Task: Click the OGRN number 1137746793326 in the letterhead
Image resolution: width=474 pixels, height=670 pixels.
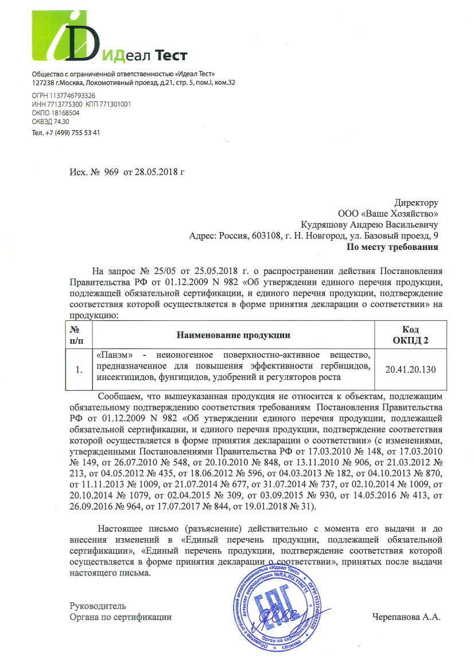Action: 64,96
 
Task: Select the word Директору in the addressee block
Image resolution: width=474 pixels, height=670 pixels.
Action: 416,202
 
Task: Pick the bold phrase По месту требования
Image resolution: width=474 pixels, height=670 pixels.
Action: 393,248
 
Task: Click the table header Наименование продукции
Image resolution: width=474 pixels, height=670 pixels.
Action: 233,335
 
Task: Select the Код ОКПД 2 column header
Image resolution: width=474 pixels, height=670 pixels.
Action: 411,335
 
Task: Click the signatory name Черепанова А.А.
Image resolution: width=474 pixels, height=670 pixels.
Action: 406,617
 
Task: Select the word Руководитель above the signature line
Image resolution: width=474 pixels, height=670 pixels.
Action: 98,606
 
